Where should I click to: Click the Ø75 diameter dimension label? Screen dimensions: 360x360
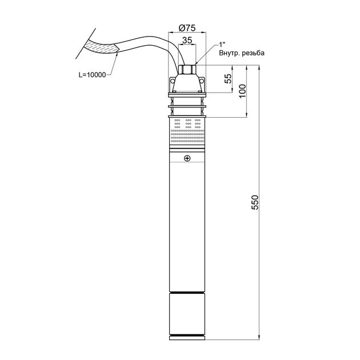(x=187, y=28)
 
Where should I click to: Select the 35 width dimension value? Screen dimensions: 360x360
(x=187, y=40)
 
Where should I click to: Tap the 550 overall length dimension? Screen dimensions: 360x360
(x=255, y=202)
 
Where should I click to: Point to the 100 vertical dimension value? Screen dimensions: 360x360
(x=242, y=91)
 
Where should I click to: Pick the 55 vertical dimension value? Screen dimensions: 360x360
(x=228, y=79)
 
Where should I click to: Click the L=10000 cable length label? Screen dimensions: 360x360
(x=93, y=75)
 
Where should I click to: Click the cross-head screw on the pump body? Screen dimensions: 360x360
(x=187, y=158)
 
